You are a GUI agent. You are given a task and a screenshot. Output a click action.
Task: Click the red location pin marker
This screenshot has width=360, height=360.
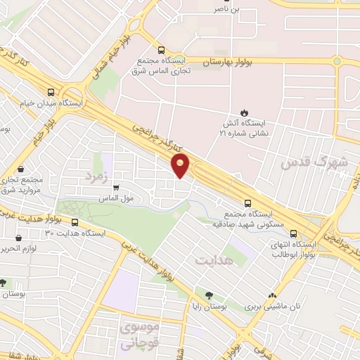tap(181, 166)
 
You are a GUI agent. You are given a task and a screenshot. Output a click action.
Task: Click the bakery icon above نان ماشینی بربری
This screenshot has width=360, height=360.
tap(272, 296)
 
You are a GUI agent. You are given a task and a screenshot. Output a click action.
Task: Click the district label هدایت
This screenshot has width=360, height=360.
tap(210, 260)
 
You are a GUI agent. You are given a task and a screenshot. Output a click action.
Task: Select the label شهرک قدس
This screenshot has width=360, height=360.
tap(314, 163)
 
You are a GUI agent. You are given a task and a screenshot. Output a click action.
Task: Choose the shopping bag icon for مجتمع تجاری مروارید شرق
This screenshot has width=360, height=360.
tap(21, 169)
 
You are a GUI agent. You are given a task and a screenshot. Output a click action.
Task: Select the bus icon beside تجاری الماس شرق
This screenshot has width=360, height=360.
tap(162, 51)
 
